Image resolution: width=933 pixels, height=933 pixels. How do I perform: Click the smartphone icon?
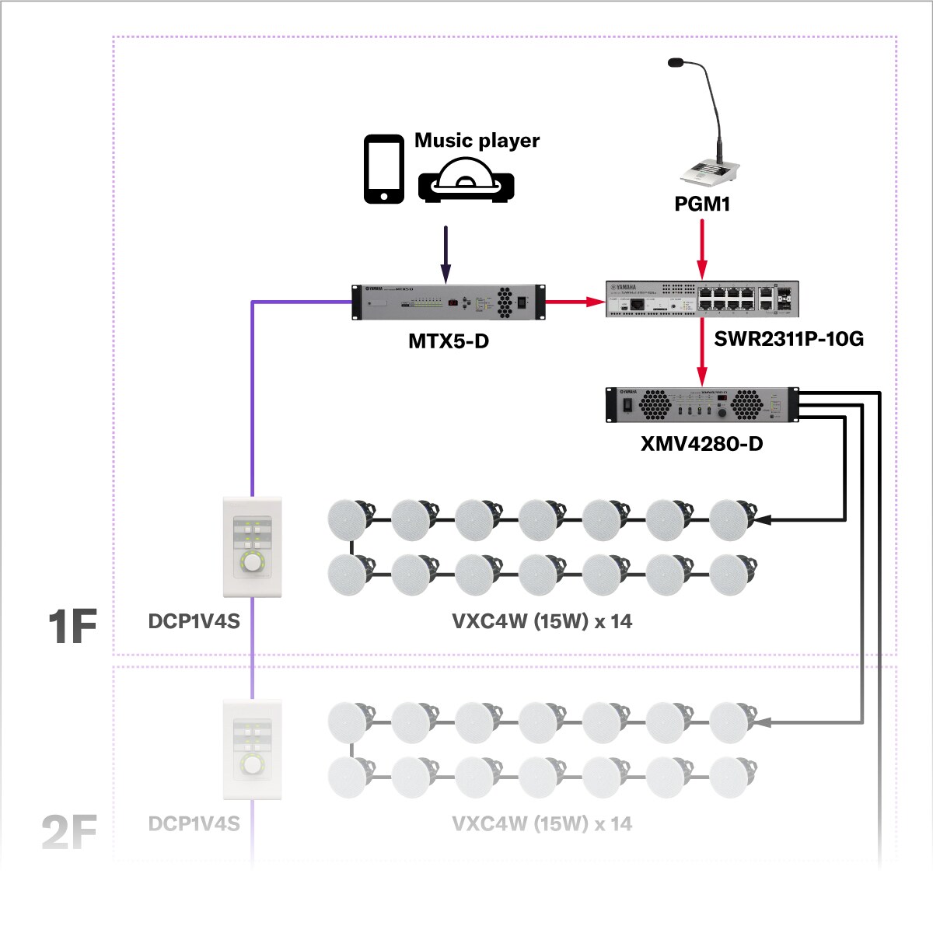click(x=384, y=169)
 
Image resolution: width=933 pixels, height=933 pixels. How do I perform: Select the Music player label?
click(x=477, y=141)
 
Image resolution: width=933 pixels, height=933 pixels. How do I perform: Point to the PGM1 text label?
click(x=702, y=204)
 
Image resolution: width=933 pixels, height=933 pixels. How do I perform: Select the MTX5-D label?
click(x=449, y=341)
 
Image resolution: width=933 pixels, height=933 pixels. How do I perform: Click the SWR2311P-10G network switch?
click(x=702, y=299)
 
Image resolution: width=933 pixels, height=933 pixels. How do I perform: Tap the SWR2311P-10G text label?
click(x=788, y=339)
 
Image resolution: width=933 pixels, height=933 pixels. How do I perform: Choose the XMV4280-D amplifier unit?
click(x=702, y=404)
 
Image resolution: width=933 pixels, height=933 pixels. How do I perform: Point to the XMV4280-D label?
click(x=701, y=444)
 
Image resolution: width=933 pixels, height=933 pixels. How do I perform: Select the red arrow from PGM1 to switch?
click(x=702, y=249)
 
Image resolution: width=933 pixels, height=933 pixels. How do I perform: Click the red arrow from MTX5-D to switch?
click(x=575, y=301)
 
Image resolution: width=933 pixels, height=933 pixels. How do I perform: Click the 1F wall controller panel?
click(x=252, y=547)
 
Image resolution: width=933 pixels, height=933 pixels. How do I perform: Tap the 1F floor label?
click(x=72, y=627)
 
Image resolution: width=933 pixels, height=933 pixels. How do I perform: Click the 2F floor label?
click(x=69, y=831)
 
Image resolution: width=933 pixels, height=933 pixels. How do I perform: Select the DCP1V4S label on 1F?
click(x=194, y=621)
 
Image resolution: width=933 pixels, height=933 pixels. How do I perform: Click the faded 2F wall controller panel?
click(x=252, y=750)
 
